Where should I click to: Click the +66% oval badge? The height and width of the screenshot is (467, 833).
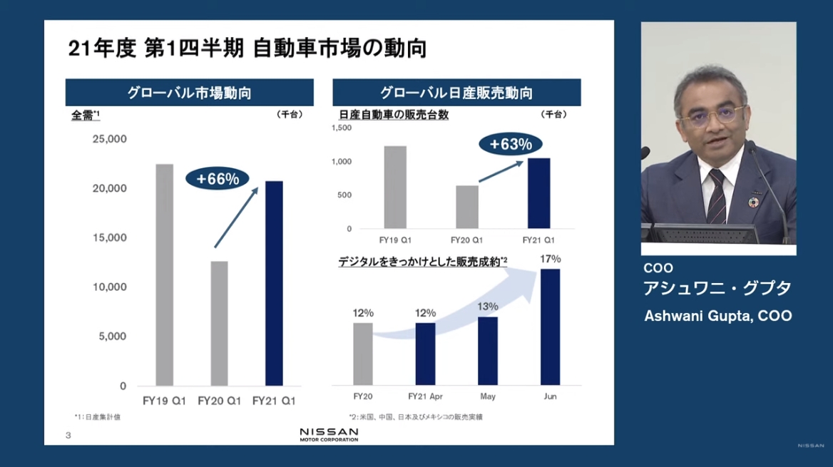218,179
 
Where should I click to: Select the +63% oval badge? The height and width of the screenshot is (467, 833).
511,144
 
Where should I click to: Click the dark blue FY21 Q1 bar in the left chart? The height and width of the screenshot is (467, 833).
274,283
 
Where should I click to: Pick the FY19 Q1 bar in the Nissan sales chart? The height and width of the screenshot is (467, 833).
395,187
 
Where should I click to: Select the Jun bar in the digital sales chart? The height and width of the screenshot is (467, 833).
550,327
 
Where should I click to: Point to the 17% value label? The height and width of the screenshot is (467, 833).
551,259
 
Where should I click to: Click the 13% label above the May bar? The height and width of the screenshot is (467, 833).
488,307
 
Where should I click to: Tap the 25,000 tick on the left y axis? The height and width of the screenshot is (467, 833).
109,138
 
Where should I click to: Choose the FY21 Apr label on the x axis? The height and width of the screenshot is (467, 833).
426,396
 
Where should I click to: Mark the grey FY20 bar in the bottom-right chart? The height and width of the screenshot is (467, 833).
363,354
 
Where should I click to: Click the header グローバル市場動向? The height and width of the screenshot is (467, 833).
189,93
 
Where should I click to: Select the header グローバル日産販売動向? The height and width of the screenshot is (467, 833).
456,93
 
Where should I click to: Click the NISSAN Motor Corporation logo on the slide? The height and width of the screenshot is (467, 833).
329,434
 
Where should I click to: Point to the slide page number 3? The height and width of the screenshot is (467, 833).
68,435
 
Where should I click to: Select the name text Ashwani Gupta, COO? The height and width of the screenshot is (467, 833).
717,316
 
